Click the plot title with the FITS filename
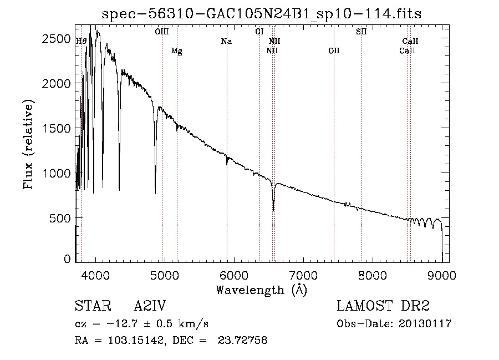262,14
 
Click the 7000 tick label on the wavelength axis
303,275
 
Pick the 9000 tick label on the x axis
442,275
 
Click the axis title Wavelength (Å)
261,290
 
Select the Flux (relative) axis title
28,144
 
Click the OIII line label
162,32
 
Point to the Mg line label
176,51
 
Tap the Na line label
226,41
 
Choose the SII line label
361,32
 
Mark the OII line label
333,51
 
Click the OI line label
259,32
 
